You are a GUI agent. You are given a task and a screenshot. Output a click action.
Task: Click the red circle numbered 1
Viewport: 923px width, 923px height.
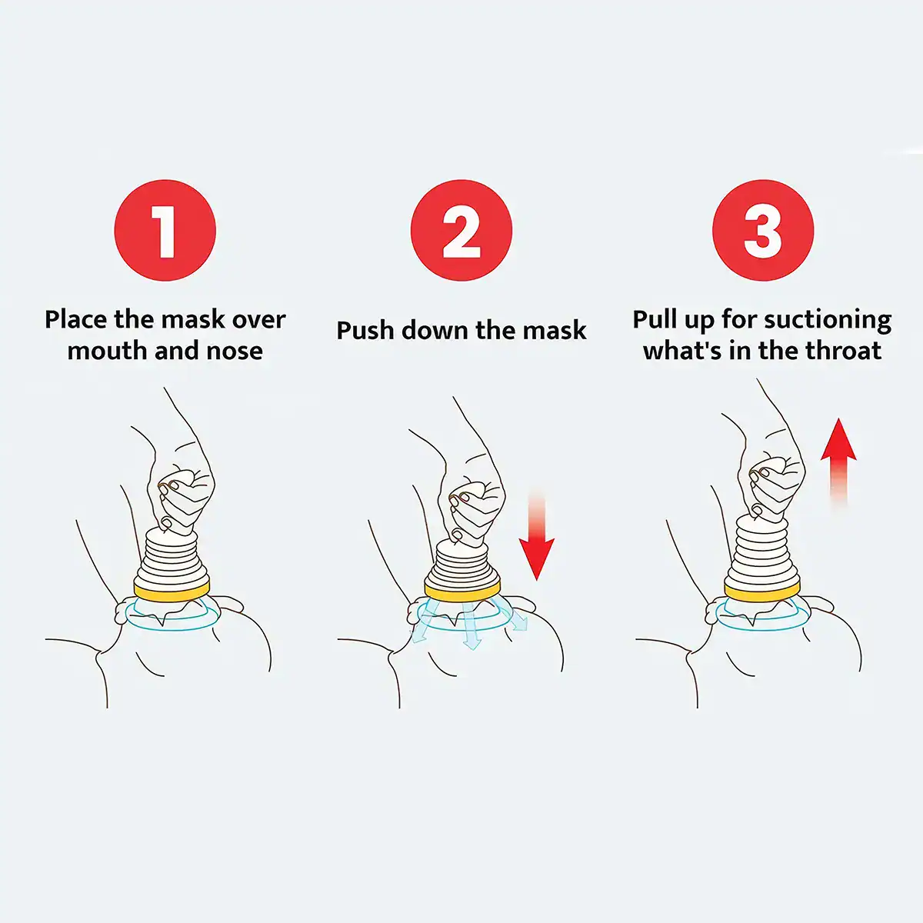tap(165, 230)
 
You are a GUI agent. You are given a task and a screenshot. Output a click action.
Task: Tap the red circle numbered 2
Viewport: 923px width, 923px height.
tap(461, 230)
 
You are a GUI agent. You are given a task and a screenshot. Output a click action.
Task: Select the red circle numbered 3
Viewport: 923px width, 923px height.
tap(762, 230)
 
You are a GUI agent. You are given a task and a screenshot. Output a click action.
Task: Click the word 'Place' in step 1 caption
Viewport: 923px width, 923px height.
tap(76, 319)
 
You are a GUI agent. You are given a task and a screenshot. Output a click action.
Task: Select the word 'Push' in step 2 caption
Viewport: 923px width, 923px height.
tap(366, 331)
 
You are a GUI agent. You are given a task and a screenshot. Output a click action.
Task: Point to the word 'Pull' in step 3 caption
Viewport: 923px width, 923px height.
tap(658, 319)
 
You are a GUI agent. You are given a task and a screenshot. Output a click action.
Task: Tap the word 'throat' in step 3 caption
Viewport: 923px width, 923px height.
tap(843, 351)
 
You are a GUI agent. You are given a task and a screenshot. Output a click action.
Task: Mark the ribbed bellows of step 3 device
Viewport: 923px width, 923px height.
tap(761, 550)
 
